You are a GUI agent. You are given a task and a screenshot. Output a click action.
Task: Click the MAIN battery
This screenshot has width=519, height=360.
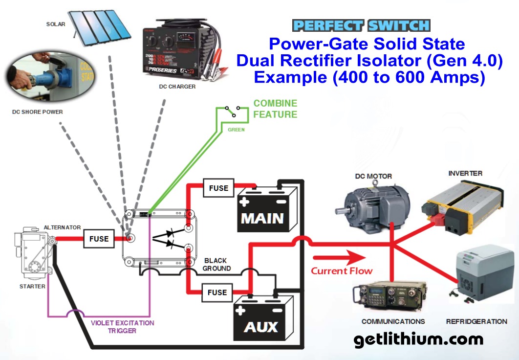268,212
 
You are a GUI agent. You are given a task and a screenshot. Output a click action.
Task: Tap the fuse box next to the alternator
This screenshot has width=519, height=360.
99,239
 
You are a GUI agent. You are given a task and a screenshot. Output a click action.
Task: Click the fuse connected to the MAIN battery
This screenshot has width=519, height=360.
218,188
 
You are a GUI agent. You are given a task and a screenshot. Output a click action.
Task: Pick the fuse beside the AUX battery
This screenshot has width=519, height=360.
217,292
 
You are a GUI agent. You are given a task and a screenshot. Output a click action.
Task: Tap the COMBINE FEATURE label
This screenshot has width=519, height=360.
275,109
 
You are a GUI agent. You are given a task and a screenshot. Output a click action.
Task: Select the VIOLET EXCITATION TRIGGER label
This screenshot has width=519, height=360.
122,327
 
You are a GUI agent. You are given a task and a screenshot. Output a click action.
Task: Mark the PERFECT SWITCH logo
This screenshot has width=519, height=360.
361,25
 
